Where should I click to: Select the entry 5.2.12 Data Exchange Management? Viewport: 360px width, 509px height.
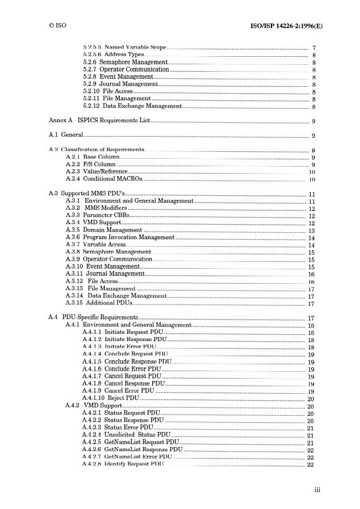point(133,107)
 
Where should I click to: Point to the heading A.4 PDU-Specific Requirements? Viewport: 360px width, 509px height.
point(93,318)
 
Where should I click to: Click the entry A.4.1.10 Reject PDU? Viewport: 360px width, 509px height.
point(111,398)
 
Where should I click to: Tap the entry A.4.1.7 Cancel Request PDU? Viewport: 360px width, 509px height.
point(122,376)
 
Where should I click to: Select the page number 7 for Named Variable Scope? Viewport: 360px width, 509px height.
point(313,47)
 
